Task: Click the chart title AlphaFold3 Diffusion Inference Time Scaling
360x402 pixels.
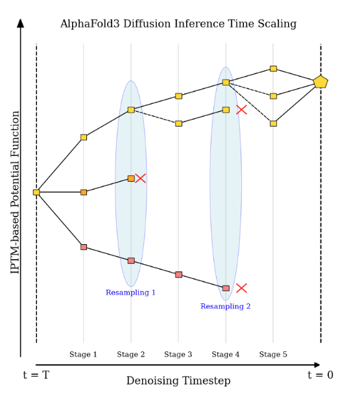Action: click(x=178, y=24)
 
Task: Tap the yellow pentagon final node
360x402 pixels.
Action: click(x=320, y=82)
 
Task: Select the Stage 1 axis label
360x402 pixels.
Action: click(x=83, y=355)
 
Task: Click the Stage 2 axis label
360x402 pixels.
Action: click(x=131, y=355)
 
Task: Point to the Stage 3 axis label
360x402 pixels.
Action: click(x=178, y=355)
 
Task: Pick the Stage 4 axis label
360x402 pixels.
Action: click(x=226, y=355)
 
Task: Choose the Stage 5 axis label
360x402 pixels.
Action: click(x=273, y=355)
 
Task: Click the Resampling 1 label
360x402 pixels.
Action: click(x=130, y=293)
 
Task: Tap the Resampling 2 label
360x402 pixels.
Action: click(x=225, y=307)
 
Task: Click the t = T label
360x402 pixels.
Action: click(x=36, y=375)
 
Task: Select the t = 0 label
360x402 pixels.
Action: click(x=320, y=375)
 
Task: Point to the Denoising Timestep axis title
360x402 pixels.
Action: click(x=178, y=381)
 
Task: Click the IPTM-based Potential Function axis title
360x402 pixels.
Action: click(x=16, y=192)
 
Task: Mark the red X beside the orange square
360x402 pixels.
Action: click(x=141, y=178)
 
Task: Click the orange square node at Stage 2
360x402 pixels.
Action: click(x=131, y=179)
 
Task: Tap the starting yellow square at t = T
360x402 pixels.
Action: click(x=36, y=192)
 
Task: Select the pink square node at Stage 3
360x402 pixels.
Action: click(x=178, y=275)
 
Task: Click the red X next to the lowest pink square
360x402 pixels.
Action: click(x=241, y=288)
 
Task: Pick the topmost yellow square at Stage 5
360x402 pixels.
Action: click(x=273, y=68)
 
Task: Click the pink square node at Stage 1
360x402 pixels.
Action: click(x=84, y=247)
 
